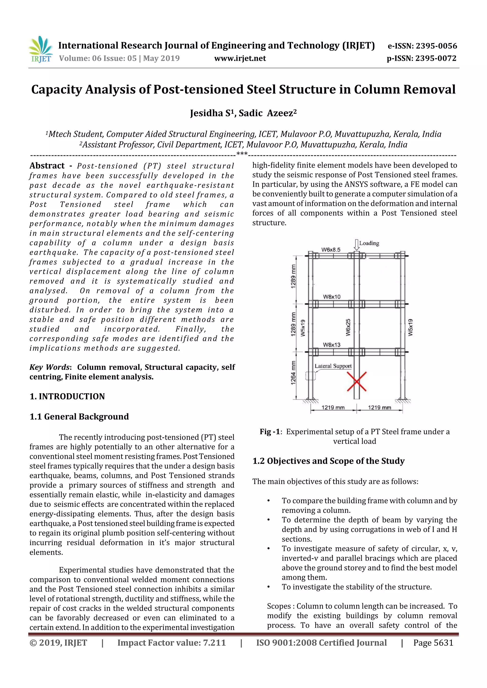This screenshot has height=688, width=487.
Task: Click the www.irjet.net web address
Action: pos(240,58)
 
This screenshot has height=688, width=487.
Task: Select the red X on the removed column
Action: pos(356,381)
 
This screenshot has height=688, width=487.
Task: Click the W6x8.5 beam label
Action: pos(331,250)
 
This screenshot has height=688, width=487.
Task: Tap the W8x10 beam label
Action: pos(331,297)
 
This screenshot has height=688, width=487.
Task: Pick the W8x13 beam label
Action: pos(331,345)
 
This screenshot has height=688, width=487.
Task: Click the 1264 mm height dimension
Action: pos(293,373)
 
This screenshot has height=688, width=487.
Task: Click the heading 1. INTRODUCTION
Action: pos(67,396)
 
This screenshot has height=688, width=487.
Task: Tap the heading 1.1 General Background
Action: pos(79,417)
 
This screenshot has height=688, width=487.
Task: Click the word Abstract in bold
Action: pos(47,166)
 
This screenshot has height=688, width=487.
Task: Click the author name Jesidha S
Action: pos(212,113)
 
